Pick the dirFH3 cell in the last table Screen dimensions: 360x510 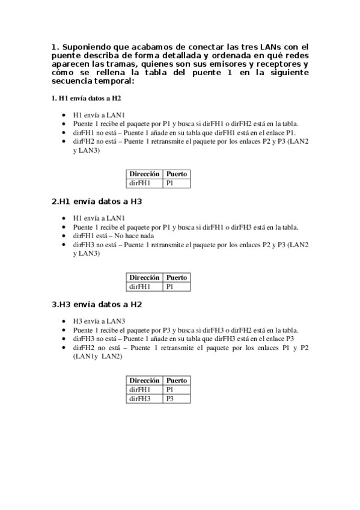click(140, 399)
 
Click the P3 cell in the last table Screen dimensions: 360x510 click(170, 399)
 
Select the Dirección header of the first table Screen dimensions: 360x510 click(144, 174)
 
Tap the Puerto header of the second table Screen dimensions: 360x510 click(177, 278)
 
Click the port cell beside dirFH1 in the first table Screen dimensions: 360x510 click(170, 183)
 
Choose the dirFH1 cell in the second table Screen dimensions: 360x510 click(140, 286)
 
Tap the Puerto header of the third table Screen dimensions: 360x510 click(177, 381)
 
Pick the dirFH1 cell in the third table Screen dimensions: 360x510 click(140, 390)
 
